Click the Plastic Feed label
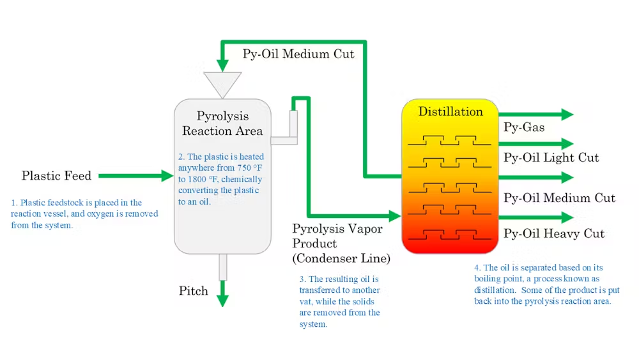(56, 175)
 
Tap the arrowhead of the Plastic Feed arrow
(167, 175)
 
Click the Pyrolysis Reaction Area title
(222, 123)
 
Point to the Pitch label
(194, 291)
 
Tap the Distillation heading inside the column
(450, 112)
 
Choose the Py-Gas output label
(524, 127)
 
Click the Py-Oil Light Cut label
(551, 157)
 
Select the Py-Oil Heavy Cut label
(553, 233)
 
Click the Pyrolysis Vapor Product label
(332, 229)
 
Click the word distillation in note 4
(495, 290)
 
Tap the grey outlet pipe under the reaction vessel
(222, 267)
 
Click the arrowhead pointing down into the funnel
(222, 65)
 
